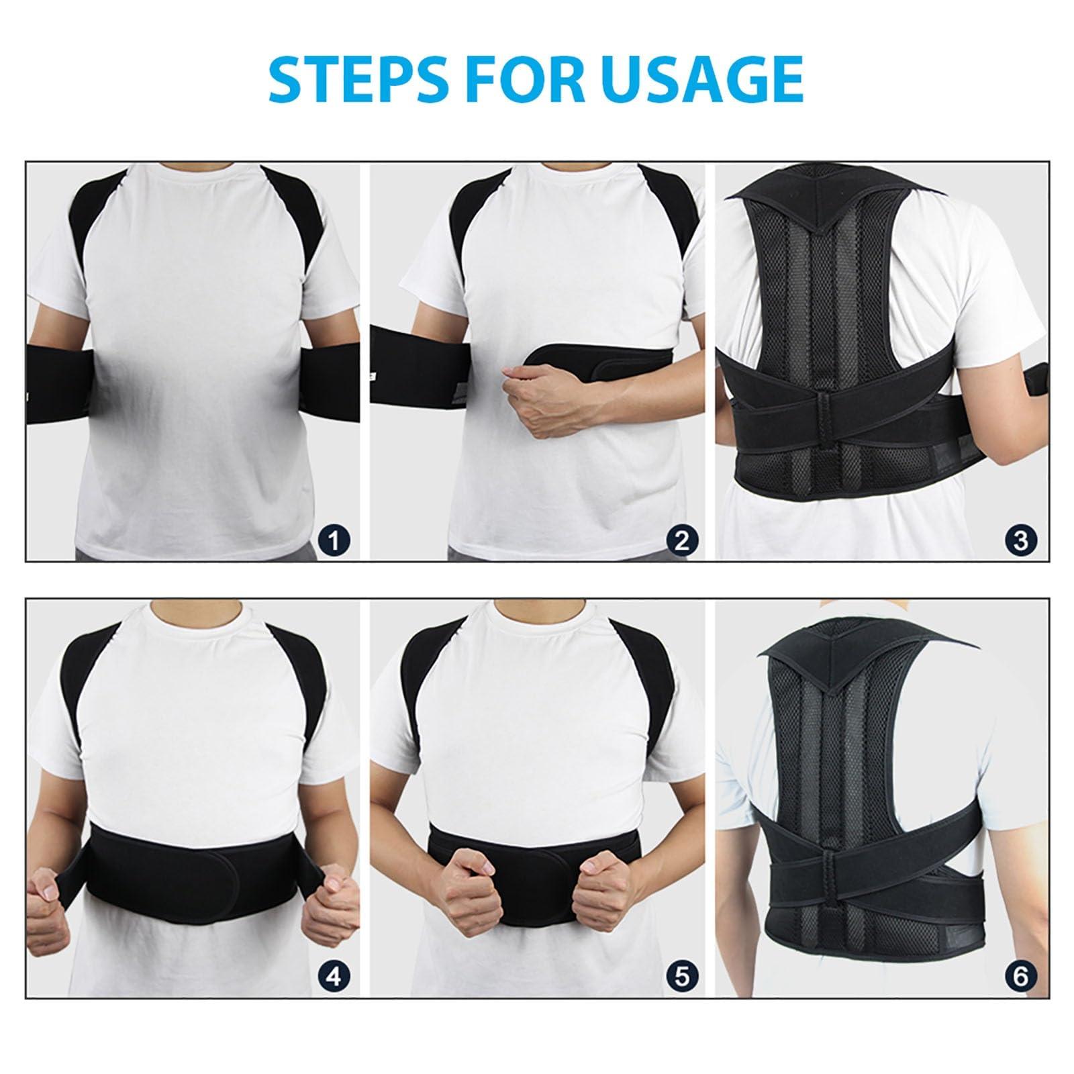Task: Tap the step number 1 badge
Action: click(334, 540)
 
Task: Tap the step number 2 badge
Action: click(681, 540)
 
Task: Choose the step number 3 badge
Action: click(1021, 540)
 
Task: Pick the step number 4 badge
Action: click(334, 976)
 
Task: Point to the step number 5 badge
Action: click(681, 976)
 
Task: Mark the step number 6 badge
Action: click(1021, 976)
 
